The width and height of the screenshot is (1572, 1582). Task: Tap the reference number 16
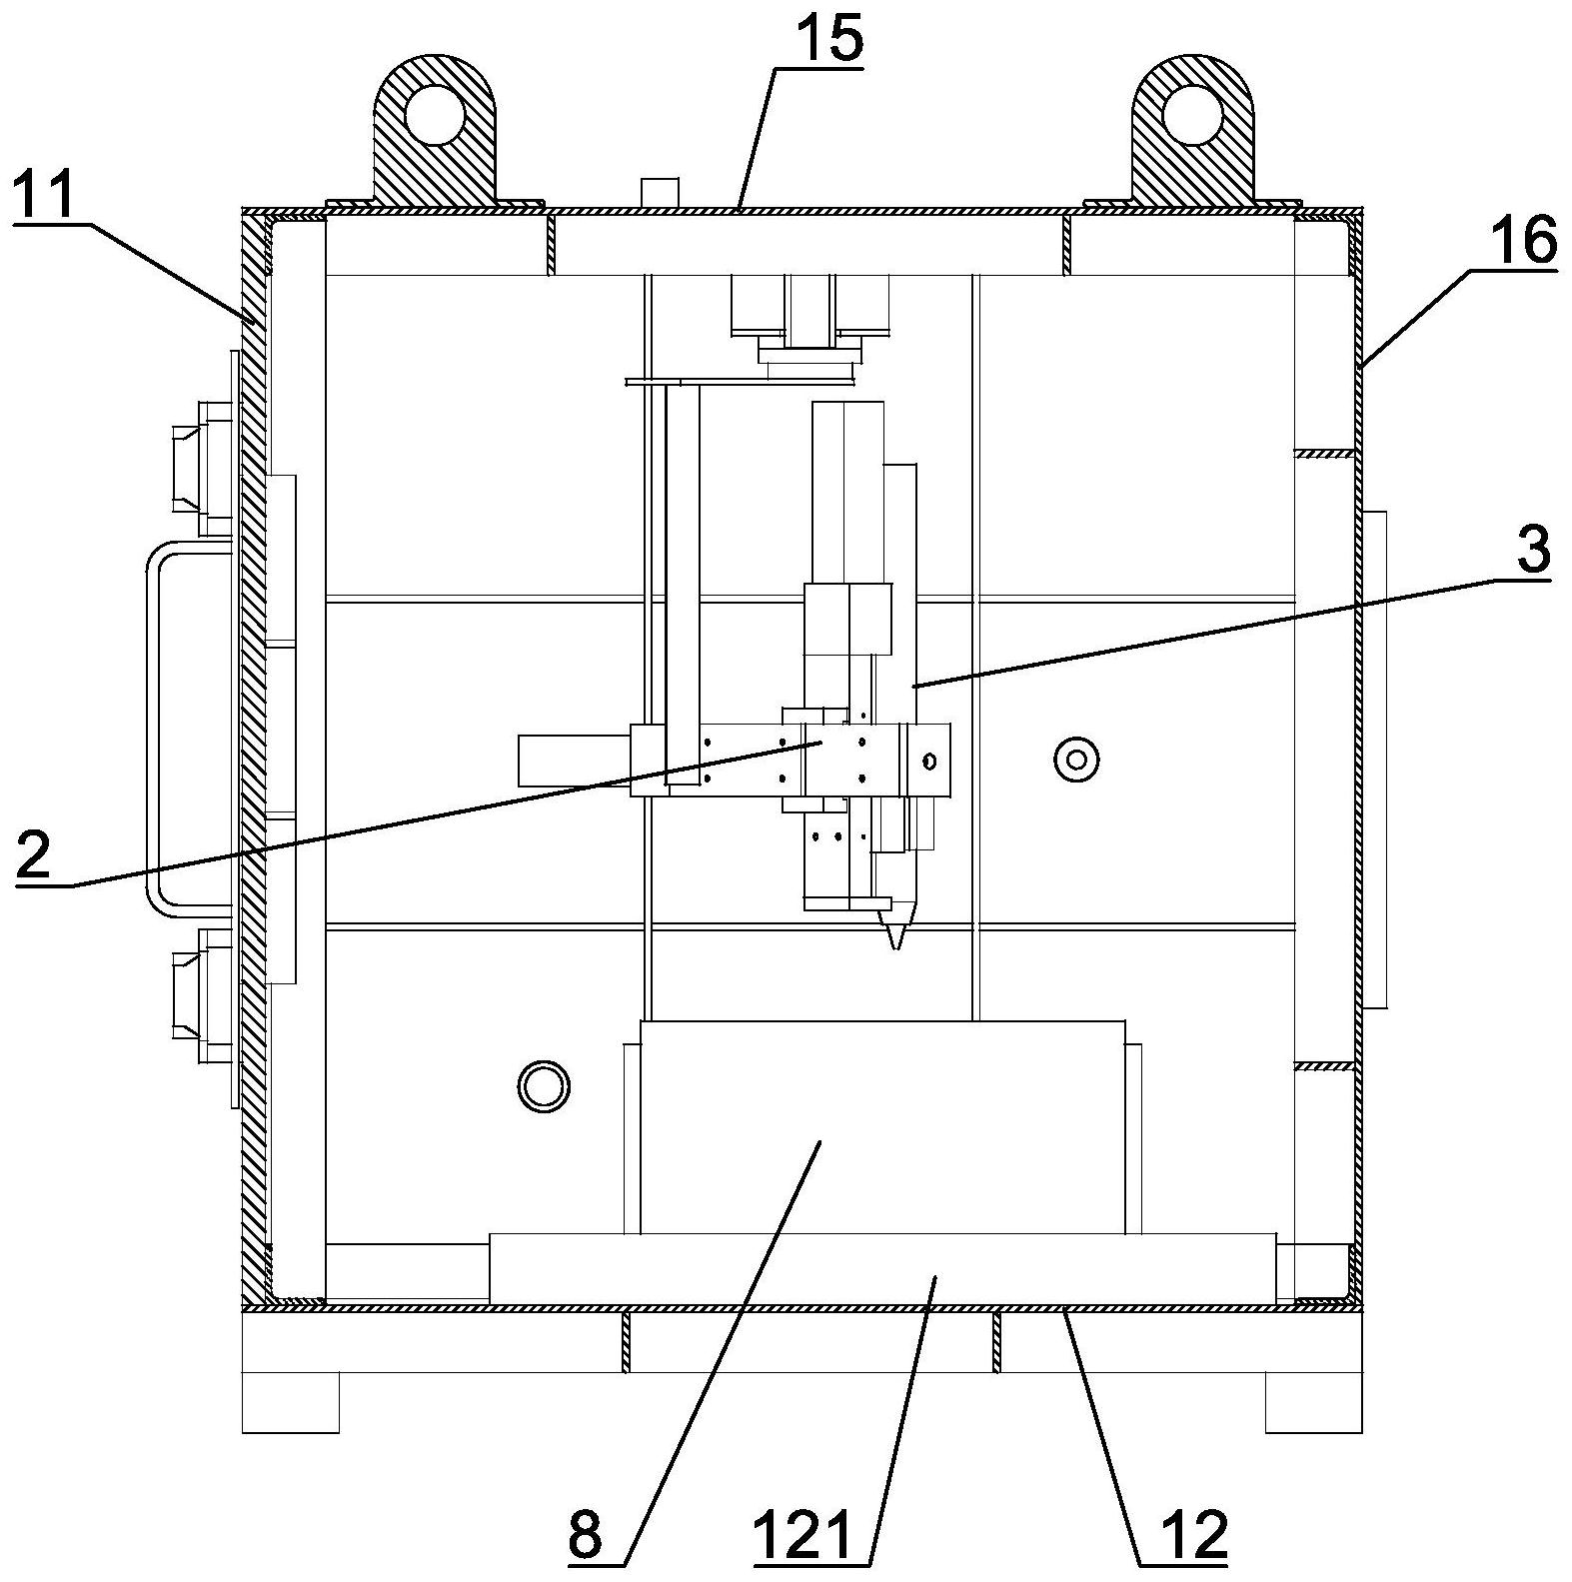click(x=1523, y=241)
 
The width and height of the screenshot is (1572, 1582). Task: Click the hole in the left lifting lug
click(x=435, y=111)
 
